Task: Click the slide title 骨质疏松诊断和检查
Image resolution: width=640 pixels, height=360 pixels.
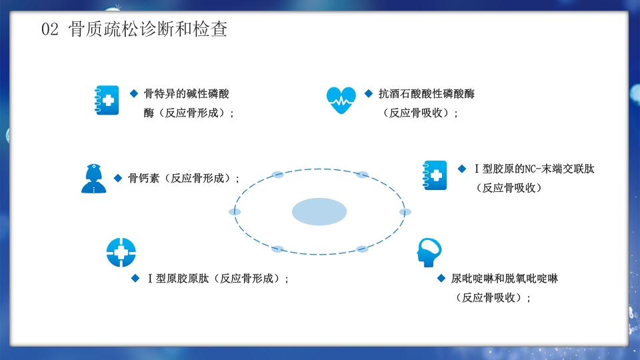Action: click(148, 30)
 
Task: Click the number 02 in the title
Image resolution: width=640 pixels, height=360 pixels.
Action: click(51, 30)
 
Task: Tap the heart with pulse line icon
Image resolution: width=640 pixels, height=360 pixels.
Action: click(341, 101)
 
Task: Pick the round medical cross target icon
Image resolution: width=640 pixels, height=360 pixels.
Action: click(121, 252)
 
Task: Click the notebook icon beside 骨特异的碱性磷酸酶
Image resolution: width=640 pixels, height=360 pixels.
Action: click(107, 100)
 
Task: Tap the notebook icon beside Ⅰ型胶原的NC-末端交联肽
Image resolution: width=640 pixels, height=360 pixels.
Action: click(435, 175)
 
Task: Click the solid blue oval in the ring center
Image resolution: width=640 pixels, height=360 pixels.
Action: click(319, 212)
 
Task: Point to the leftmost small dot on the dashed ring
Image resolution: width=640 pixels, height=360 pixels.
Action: click(235, 212)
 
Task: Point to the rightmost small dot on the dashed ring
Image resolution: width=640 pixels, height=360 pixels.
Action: click(405, 212)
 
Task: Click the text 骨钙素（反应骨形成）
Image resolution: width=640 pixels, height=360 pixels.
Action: click(184, 178)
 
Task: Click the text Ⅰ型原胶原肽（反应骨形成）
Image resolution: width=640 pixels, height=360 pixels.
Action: click(217, 279)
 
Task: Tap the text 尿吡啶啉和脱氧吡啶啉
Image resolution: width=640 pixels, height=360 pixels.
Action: click(504, 279)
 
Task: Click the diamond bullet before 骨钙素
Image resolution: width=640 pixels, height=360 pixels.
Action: click(117, 178)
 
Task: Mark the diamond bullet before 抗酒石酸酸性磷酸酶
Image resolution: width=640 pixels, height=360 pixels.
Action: click(369, 93)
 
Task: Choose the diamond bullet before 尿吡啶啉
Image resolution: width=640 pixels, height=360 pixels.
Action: click(441, 278)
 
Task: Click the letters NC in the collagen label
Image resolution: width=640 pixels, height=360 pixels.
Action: click(531, 169)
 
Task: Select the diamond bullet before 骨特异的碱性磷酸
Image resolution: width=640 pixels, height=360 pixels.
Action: click(133, 93)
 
